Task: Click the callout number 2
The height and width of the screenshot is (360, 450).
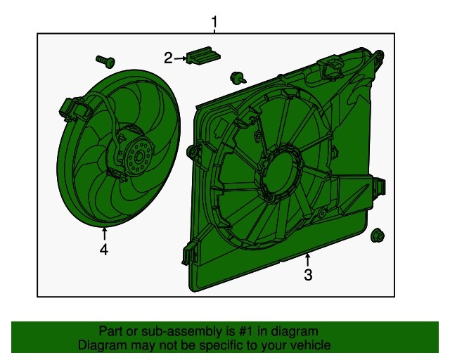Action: point(168,58)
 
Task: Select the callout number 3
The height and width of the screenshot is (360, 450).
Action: point(307,275)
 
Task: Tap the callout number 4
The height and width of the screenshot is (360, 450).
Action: point(104,249)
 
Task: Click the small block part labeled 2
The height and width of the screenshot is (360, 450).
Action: point(202,56)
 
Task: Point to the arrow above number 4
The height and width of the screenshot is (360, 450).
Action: point(104,233)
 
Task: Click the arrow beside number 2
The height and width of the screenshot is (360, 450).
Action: point(180,58)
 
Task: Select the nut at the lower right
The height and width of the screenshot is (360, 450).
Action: point(377,236)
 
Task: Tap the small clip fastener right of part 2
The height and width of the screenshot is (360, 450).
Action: point(237,77)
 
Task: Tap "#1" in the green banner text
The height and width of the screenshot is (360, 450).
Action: point(236,331)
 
